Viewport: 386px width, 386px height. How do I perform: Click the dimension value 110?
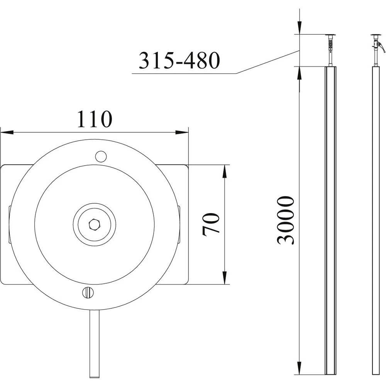(x=95, y=119)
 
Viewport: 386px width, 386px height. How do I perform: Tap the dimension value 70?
(x=211, y=224)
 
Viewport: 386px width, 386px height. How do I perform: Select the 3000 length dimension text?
(x=286, y=220)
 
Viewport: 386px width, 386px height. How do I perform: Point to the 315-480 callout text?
(x=179, y=61)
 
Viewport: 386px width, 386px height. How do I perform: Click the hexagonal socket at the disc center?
(x=95, y=224)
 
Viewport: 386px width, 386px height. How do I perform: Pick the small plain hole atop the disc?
(x=101, y=156)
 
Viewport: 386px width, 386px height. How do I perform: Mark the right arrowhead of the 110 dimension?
(x=182, y=132)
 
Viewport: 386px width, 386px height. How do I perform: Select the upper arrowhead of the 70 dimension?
(x=224, y=171)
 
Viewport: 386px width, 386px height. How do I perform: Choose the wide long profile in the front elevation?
(x=331, y=220)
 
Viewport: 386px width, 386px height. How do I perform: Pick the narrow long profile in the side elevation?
(x=376, y=220)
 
